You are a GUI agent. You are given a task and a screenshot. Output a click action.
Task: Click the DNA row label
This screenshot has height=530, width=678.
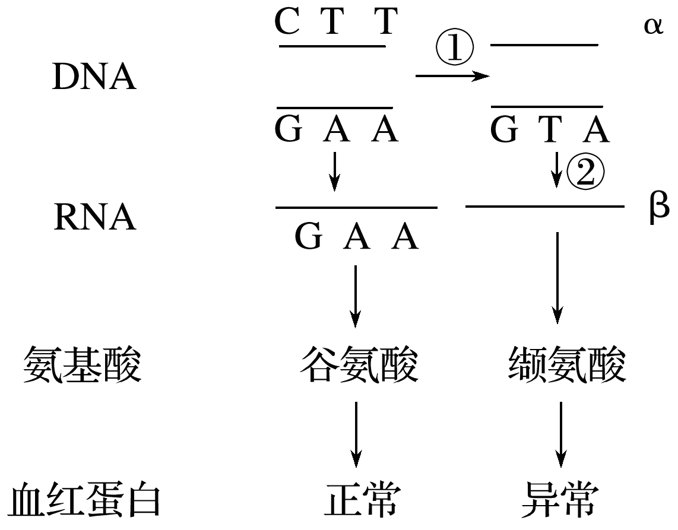coord(94,78)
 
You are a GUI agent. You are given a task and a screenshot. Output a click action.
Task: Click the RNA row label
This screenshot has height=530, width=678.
coord(94,218)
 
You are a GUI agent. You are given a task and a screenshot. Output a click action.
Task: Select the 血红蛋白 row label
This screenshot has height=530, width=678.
coord(85,501)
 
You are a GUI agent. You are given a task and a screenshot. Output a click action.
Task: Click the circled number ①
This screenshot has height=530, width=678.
coord(455,49)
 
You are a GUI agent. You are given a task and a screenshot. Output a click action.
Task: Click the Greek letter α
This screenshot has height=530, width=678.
coord(652,27)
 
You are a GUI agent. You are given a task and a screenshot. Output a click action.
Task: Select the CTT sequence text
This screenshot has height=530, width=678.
coord(335,23)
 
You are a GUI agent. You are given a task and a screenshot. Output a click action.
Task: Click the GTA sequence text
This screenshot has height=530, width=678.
coord(550,130)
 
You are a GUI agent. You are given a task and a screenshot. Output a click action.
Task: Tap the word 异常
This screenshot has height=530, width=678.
coord(559,501)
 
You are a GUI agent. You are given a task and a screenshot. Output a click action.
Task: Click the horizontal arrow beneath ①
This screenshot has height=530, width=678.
coord(452,76)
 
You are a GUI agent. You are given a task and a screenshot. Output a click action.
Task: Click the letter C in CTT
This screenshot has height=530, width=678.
coord(287,23)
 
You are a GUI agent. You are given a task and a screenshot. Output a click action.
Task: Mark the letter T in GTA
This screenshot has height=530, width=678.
coord(550,130)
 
